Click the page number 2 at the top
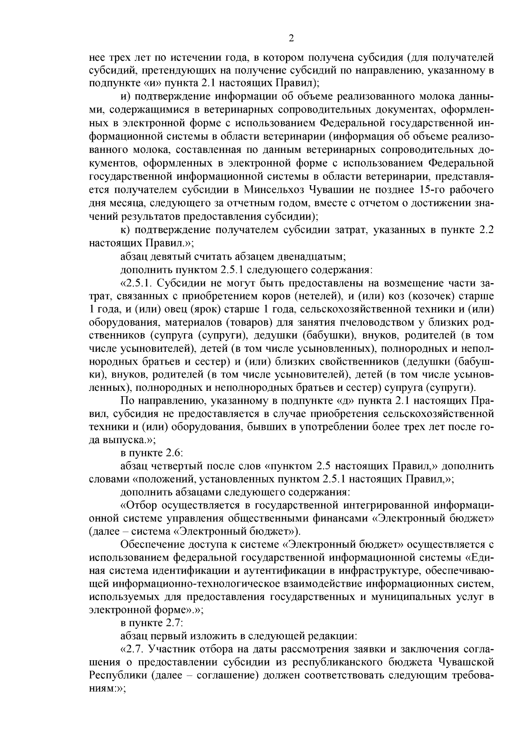pos(291,38)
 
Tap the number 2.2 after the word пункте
pos(484,230)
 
